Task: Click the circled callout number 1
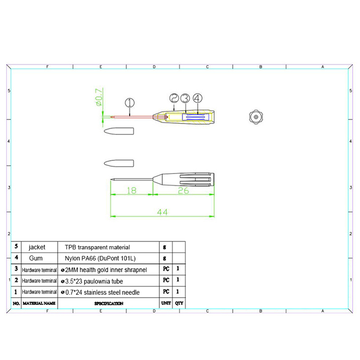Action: (x=130, y=103)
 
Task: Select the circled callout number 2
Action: (x=174, y=98)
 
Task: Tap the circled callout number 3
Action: (x=185, y=98)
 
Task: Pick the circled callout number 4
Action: (x=198, y=98)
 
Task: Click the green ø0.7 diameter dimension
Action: (x=99, y=97)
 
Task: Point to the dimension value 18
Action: (x=131, y=190)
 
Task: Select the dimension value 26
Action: (x=183, y=190)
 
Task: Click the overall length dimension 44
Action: (x=162, y=212)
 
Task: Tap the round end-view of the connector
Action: (x=256, y=117)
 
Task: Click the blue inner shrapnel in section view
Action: (x=196, y=117)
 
